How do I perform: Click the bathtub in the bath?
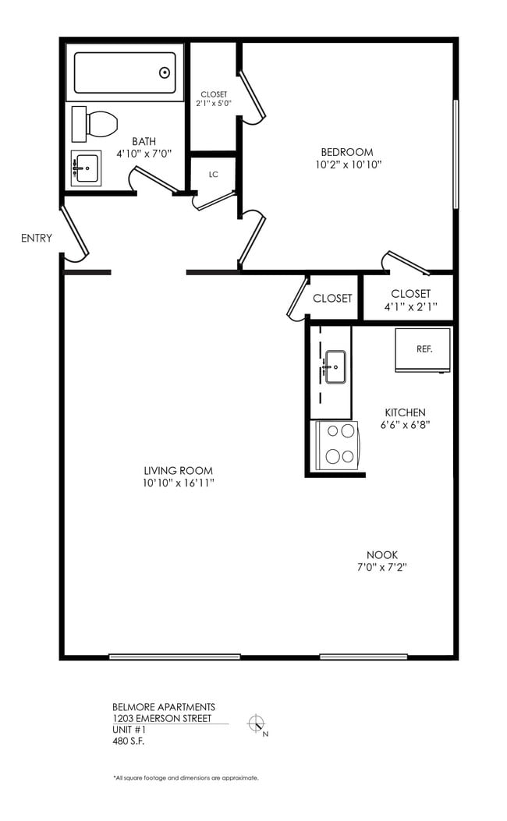point(125,73)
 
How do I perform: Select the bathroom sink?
point(86,167)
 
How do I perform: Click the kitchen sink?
point(335,366)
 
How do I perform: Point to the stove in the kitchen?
point(336,446)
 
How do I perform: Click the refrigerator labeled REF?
point(423,350)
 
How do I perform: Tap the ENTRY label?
point(36,238)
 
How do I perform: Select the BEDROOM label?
point(347,151)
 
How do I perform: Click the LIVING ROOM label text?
point(178,470)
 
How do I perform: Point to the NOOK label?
point(382,554)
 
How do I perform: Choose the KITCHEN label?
point(405,412)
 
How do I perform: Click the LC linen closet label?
point(213,175)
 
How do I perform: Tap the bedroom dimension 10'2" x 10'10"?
point(347,165)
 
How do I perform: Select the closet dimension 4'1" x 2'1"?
point(410,306)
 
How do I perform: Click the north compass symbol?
point(257,724)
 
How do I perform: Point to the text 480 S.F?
point(129,741)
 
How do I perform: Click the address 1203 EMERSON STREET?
point(161,718)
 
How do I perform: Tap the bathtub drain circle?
point(165,73)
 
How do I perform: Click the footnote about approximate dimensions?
point(186,777)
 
